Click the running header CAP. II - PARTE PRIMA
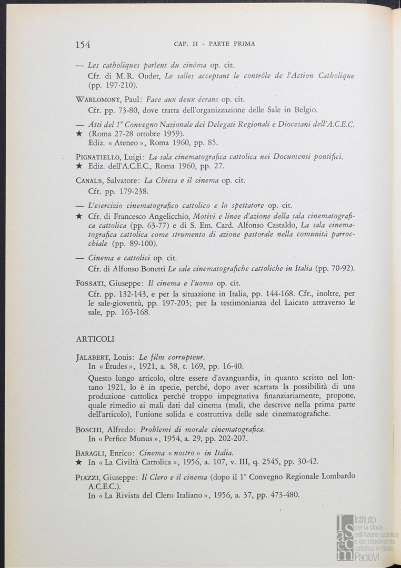(214, 44)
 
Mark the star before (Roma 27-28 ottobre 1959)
(79, 134)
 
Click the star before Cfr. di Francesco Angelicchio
(79, 216)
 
